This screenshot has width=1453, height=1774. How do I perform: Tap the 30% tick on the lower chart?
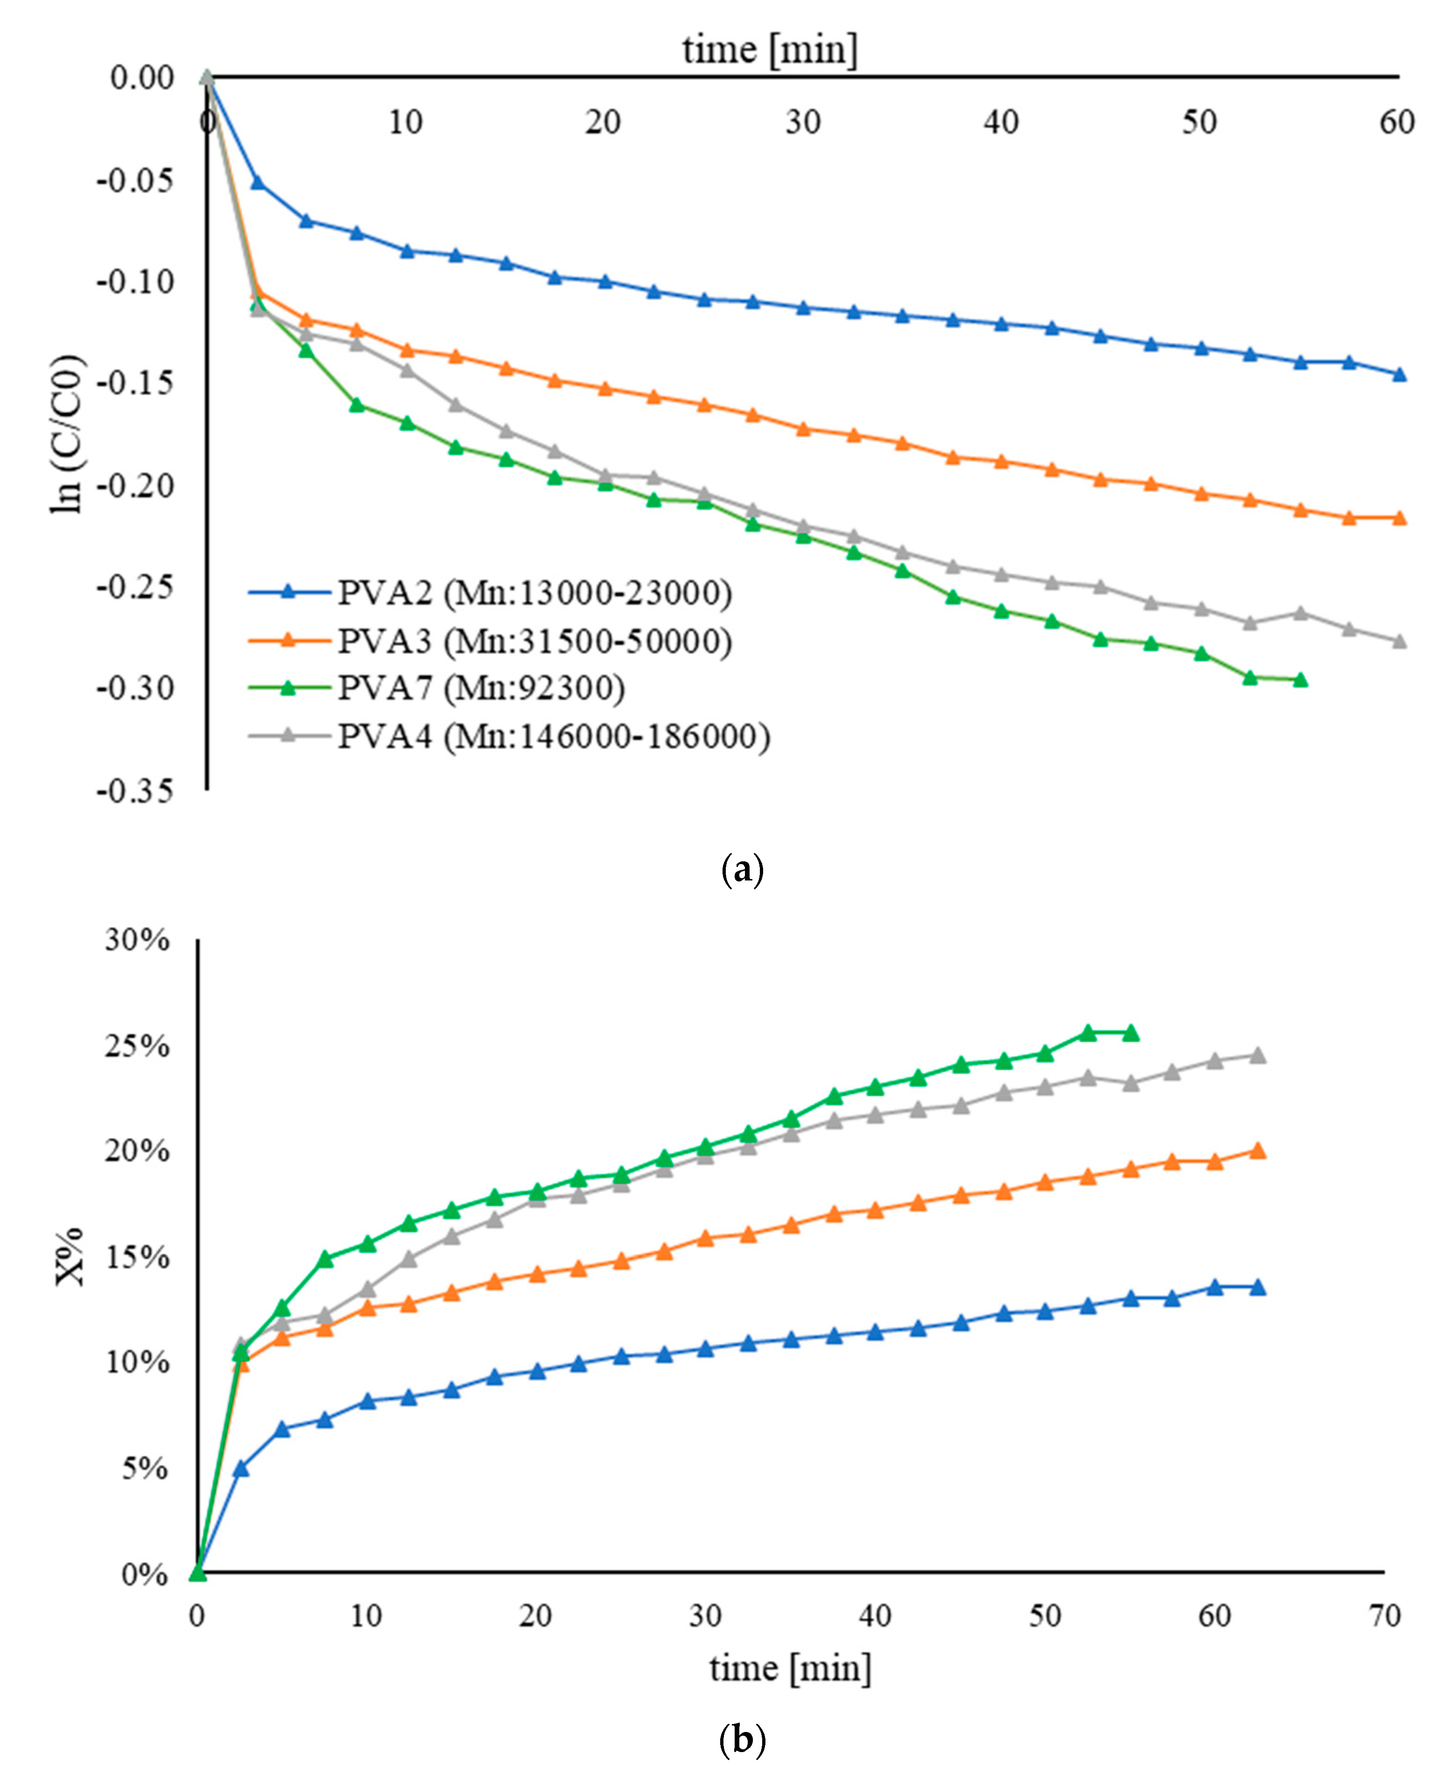point(136,940)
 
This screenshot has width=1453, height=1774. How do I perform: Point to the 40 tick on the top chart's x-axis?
point(1001,123)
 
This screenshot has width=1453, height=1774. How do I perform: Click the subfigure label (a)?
point(742,871)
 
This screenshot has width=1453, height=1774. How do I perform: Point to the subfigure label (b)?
point(742,1739)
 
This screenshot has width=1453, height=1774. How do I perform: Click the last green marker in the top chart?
point(1300,680)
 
